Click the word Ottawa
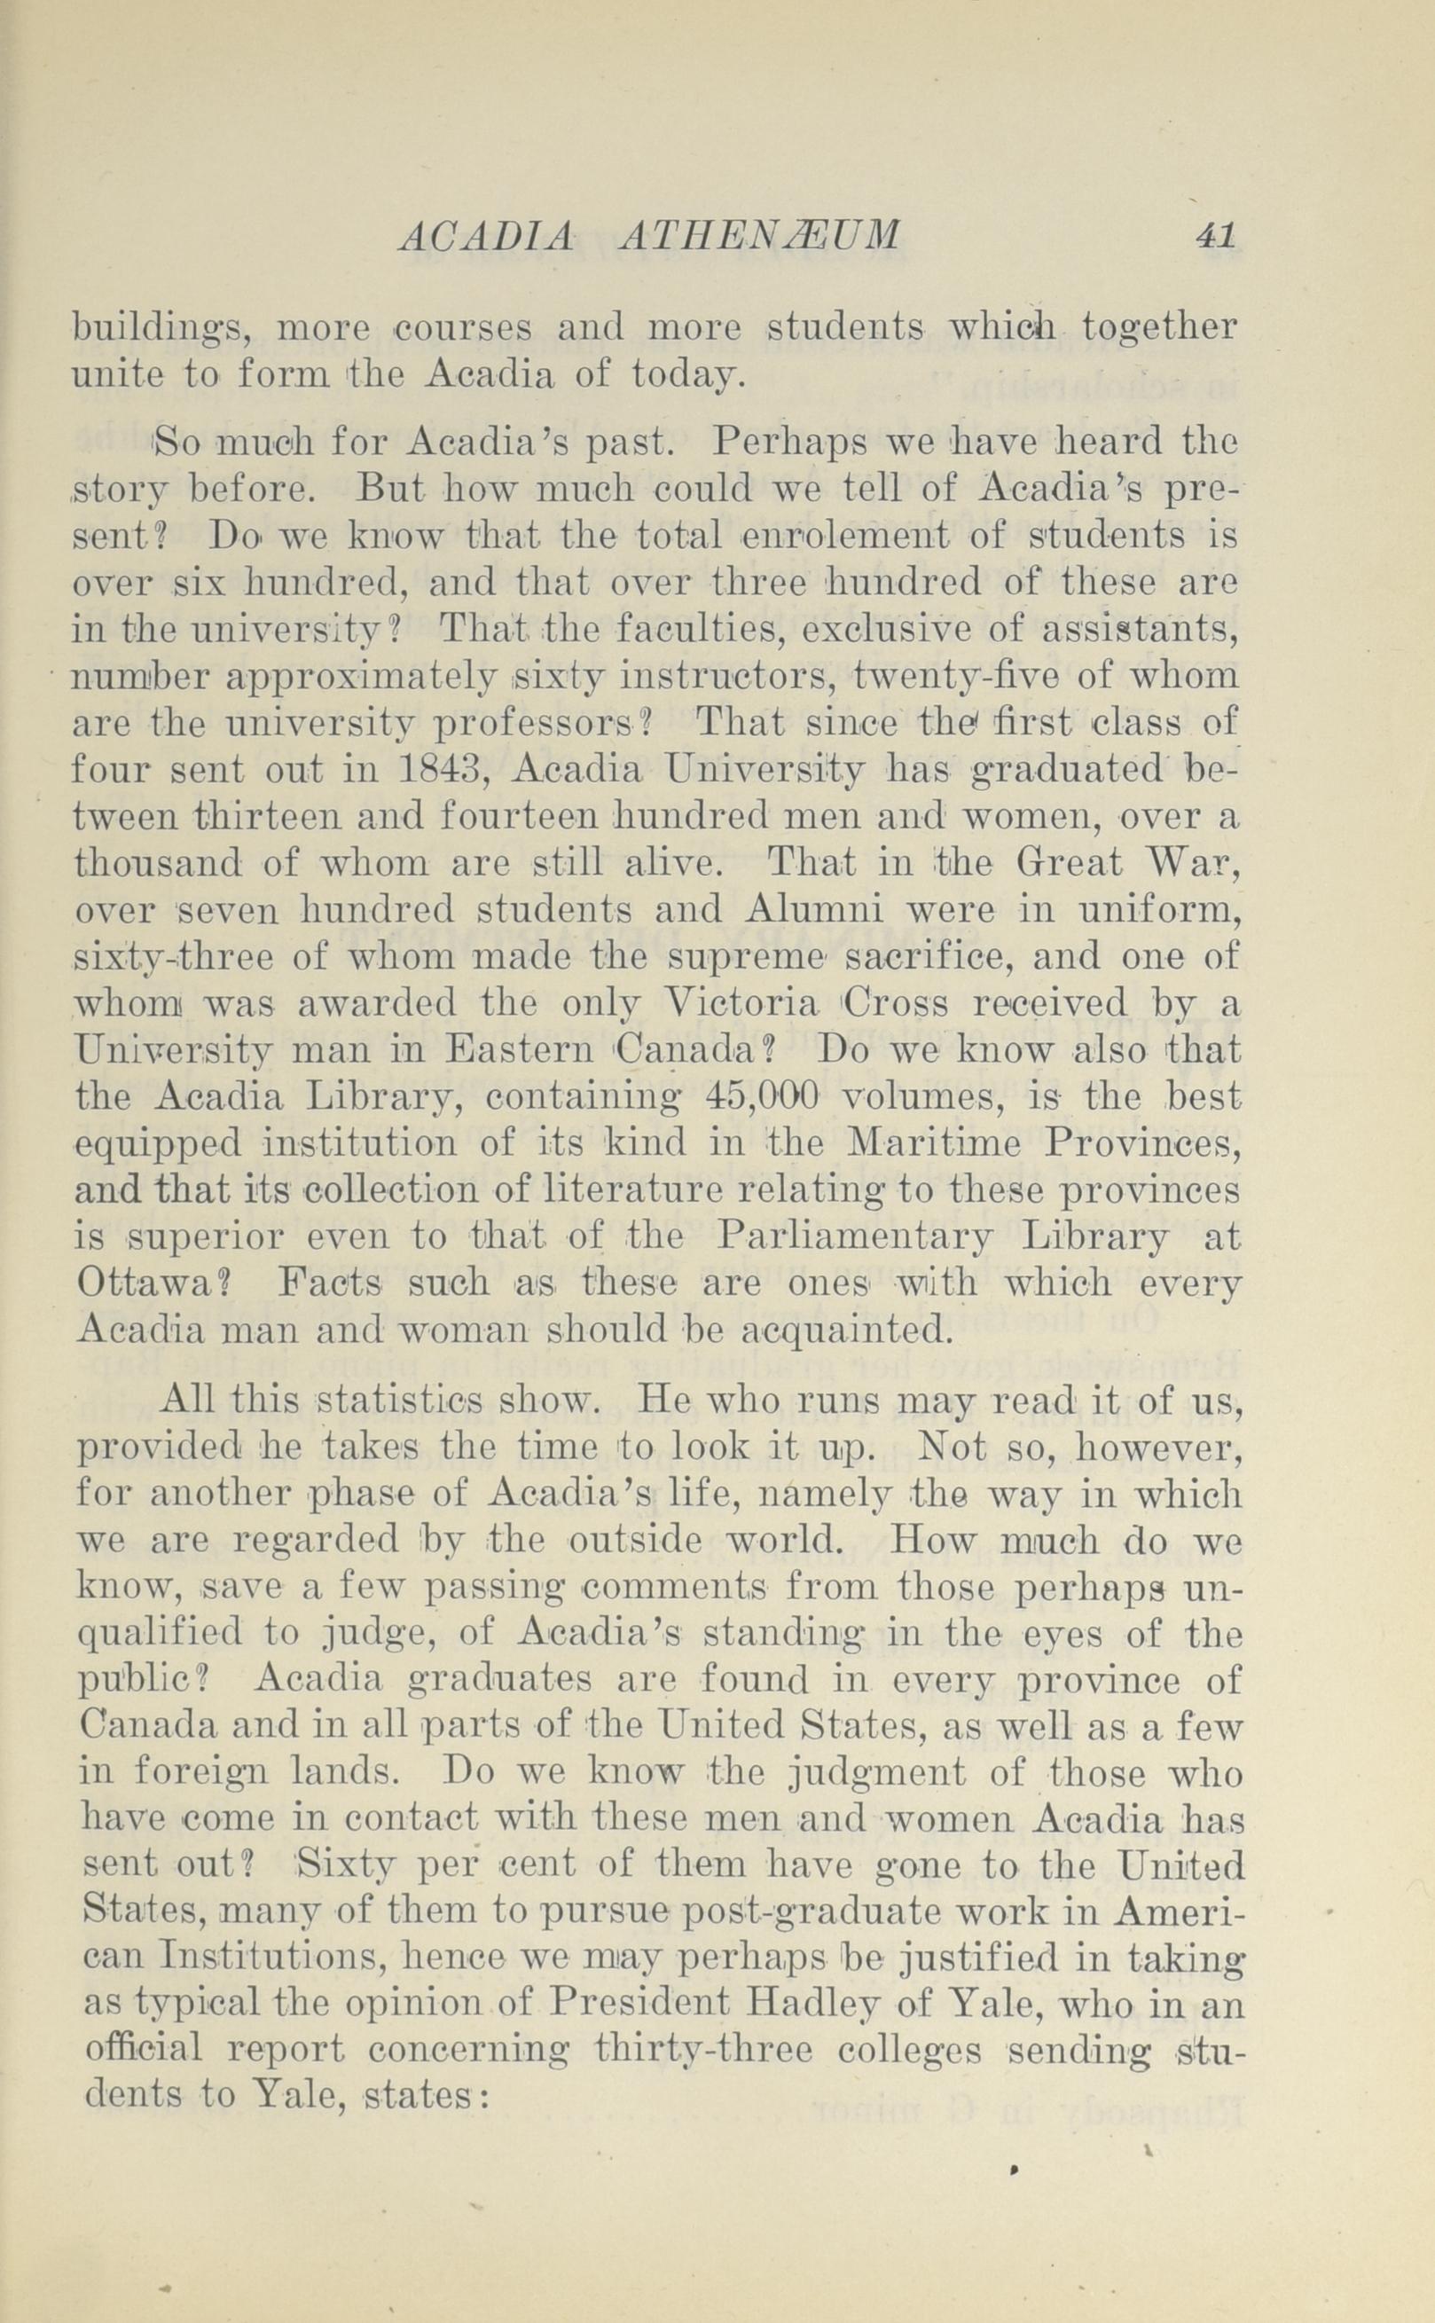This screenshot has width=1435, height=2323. click(152, 1284)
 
